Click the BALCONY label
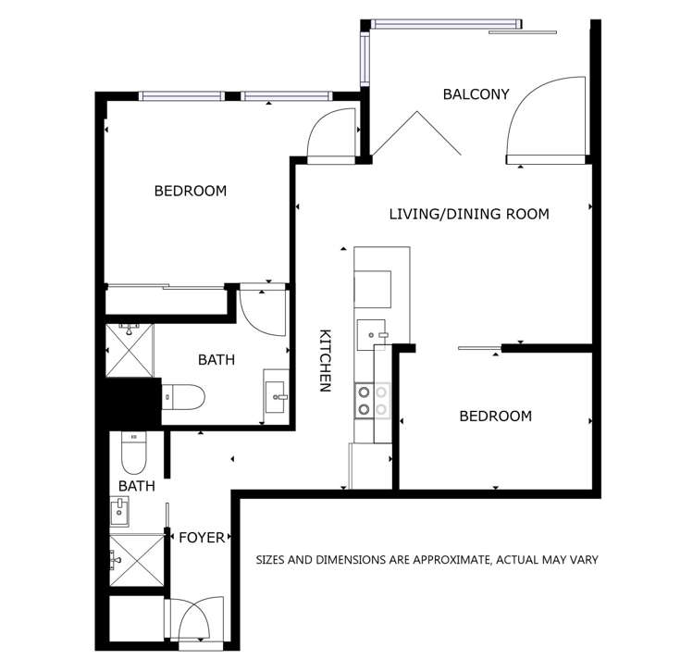(x=476, y=93)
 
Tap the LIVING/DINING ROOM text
(x=468, y=214)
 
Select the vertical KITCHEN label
(x=325, y=361)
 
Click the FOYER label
(x=201, y=537)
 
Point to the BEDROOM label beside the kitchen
(x=495, y=416)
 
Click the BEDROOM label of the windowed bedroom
(x=190, y=191)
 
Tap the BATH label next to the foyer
(x=136, y=484)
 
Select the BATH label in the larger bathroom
(x=217, y=359)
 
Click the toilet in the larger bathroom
(x=182, y=397)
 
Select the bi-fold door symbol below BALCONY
(x=417, y=134)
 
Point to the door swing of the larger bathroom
(x=259, y=313)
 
